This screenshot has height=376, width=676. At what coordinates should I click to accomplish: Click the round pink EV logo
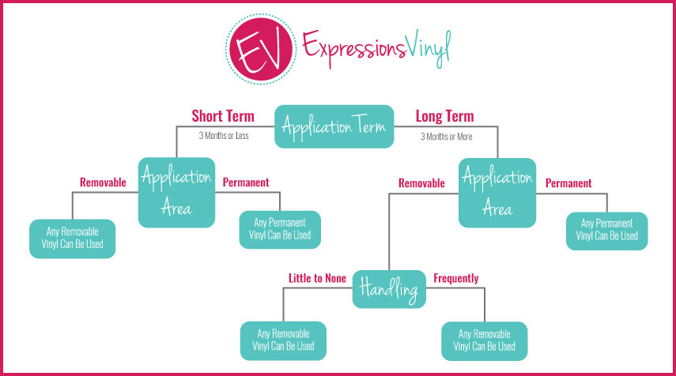click(261, 49)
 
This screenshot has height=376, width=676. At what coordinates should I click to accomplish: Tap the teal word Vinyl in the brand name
click(429, 48)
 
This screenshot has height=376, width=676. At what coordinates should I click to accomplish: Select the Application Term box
click(334, 126)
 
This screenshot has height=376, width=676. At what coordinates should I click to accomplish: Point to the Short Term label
click(223, 116)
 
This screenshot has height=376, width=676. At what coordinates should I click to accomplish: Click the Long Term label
click(444, 116)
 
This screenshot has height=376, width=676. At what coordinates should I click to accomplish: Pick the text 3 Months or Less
click(224, 136)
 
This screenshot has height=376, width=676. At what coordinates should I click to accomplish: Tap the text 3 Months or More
click(447, 137)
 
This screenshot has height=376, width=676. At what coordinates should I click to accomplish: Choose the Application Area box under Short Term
click(176, 192)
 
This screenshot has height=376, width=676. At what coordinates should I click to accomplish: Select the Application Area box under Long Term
click(497, 193)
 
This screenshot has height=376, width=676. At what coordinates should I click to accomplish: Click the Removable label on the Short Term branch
click(103, 182)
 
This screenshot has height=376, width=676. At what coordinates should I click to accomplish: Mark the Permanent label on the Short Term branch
click(246, 182)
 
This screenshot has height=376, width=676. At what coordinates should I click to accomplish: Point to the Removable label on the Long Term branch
click(421, 183)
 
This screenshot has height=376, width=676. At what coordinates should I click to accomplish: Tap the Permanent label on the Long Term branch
click(568, 183)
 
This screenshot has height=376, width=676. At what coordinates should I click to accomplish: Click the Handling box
click(389, 289)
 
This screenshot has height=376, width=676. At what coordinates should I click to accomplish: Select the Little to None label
click(317, 278)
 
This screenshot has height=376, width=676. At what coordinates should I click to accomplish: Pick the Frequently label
click(456, 278)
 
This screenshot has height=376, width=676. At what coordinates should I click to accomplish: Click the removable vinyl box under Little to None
click(283, 340)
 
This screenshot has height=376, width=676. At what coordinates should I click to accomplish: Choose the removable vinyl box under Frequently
click(484, 341)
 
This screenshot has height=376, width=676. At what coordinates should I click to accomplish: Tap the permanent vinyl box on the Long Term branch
click(606, 231)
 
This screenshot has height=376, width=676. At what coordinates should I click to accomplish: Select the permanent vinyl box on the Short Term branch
click(280, 230)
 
